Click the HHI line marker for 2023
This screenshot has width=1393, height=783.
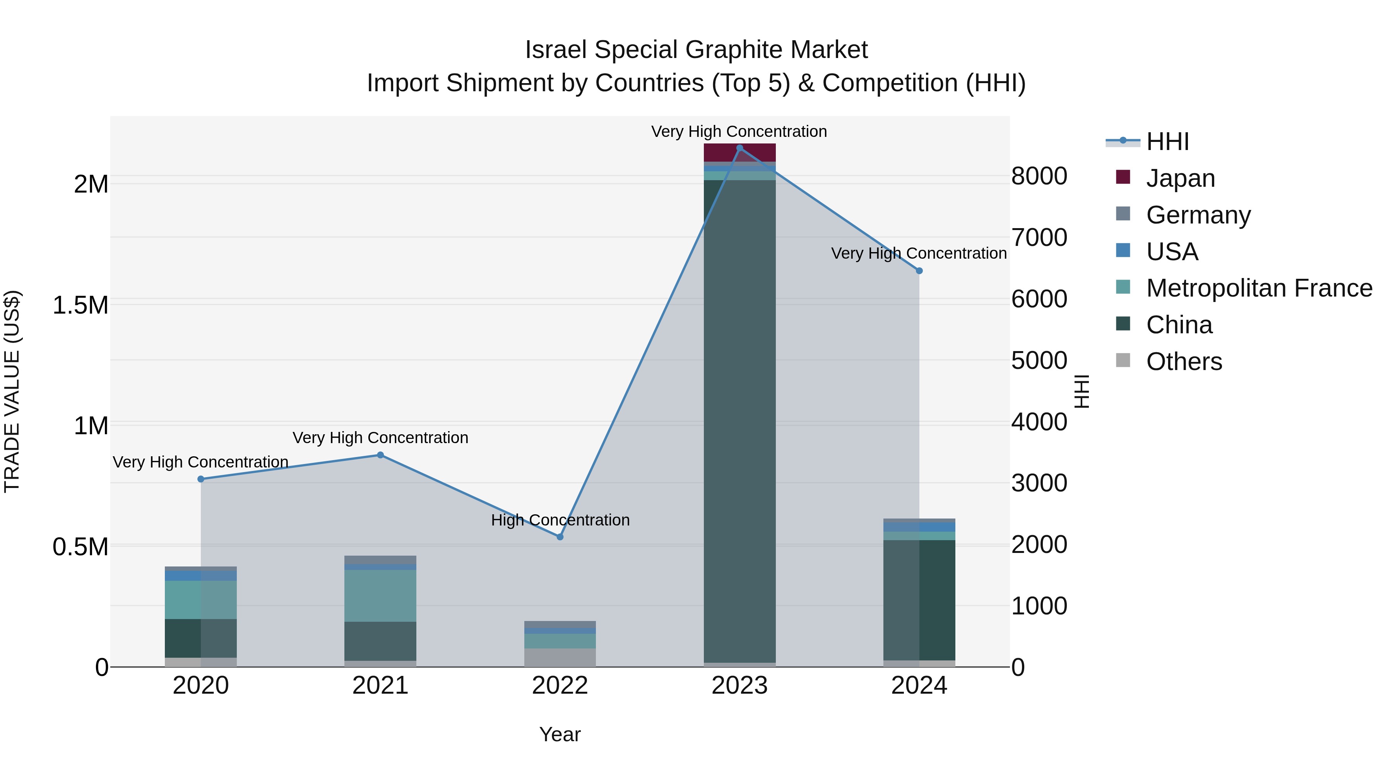point(739,148)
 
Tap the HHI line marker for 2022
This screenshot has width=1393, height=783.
point(560,537)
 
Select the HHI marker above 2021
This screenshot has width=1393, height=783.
point(380,455)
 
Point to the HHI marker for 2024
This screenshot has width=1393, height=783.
point(919,271)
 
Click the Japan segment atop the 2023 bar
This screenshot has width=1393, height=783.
point(739,153)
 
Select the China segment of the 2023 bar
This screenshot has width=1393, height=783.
point(739,421)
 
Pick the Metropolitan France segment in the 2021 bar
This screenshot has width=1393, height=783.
point(380,595)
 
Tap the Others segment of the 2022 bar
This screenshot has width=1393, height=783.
point(560,658)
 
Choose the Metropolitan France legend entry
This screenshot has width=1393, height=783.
point(1259,288)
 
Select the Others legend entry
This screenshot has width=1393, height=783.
point(1184,362)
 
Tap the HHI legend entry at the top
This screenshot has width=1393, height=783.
point(1167,142)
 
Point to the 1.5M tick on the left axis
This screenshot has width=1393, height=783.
point(80,305)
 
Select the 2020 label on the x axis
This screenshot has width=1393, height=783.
point(200,686)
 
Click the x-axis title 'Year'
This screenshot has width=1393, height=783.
point(560,734)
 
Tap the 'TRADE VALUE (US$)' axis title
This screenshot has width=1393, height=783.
point(12,391)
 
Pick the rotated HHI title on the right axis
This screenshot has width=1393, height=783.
point(1082,391)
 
